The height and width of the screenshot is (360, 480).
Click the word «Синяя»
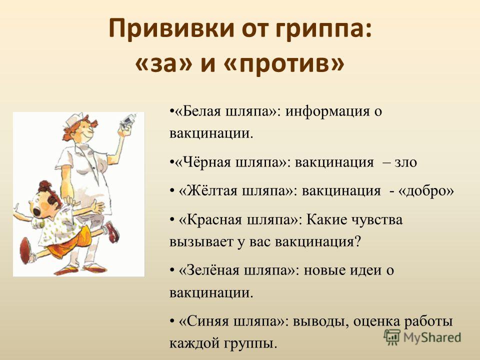click(208, 321)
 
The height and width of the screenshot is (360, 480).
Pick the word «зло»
click(405, 162)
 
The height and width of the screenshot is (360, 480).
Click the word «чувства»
click(376, 220)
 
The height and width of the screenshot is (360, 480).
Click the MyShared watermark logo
click(422, 337)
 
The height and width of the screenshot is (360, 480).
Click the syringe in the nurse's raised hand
click(127, 120)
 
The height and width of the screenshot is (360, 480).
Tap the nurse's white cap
click(73, 119)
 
